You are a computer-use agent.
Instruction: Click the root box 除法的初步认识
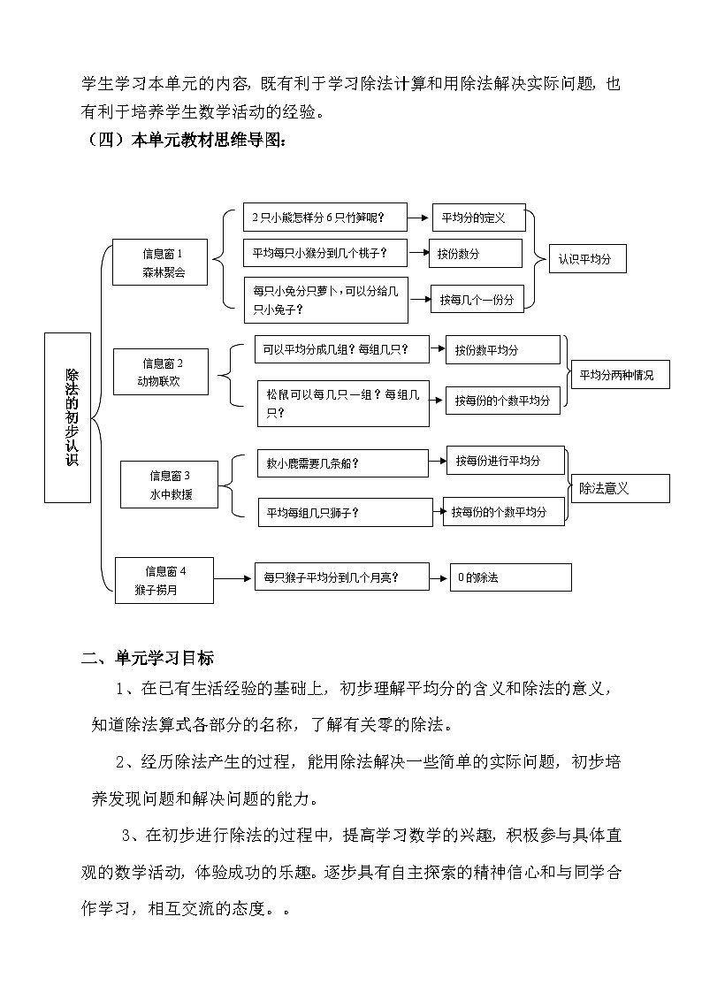coord(67,417)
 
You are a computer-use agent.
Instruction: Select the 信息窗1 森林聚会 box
coord(161,263)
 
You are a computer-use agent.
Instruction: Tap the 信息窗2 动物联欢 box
coord(161,372)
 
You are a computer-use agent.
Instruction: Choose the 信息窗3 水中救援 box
coord(170,485)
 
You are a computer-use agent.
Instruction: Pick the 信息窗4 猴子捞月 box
coord(164,580)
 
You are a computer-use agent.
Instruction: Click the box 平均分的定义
coord(478,218)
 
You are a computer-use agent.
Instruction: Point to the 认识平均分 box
coord(587,260)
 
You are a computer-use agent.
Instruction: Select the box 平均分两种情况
coord(620,374)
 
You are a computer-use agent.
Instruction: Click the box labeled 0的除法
coord(510,577)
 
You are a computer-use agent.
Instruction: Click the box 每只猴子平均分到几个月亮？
coord(340,577)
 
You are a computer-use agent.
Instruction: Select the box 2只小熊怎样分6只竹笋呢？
coord(324,218)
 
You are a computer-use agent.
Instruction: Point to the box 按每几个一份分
coord(477,299)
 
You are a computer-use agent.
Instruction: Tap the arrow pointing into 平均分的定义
coord(419,218)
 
